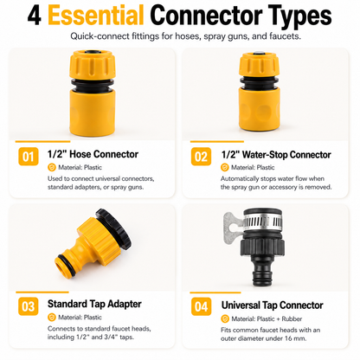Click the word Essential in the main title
point(96,15)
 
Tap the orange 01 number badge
point(29,157)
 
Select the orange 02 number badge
point(201,157)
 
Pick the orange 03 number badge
point(29,306)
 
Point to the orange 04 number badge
point(201,306)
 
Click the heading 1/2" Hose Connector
point(93,154)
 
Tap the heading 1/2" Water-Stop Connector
point(276,155)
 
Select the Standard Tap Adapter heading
point(94,304)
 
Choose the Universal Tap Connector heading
point(273,305)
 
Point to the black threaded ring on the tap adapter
point(114,229)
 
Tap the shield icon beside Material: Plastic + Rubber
point(225,318)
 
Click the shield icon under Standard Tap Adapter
point(52,318)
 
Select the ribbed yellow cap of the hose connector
point(93,64)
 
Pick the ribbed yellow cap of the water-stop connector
point(259,66)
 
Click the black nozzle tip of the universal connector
point(262,277)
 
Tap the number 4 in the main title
point(35,16)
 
